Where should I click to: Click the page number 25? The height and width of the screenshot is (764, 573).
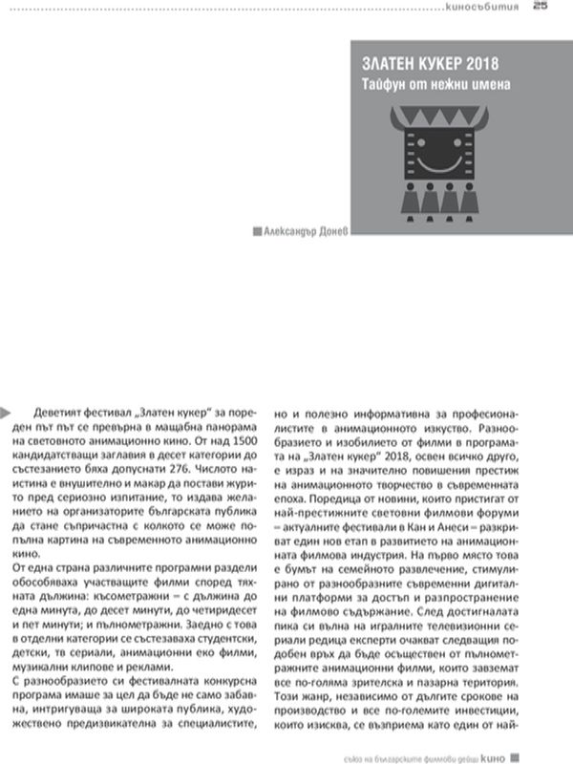tap(541, 8)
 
